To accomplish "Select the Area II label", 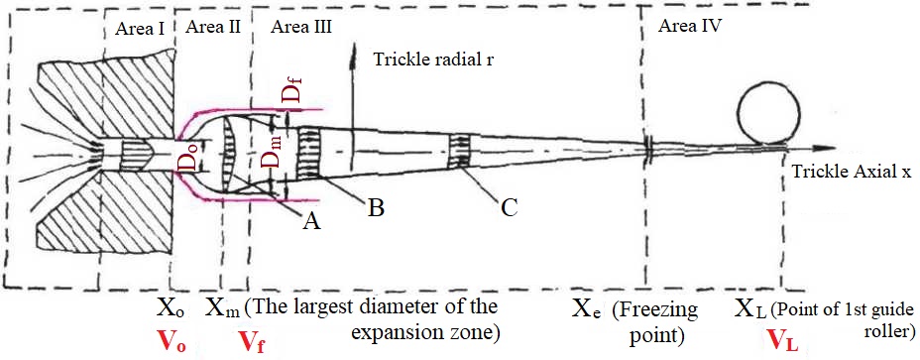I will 212,26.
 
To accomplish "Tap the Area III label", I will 300,26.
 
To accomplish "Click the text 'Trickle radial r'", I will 433,61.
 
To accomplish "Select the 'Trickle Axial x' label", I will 852,171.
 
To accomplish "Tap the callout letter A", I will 311,223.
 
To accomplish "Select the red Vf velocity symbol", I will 252,341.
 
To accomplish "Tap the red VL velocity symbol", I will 783,341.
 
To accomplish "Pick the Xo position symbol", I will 171,307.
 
